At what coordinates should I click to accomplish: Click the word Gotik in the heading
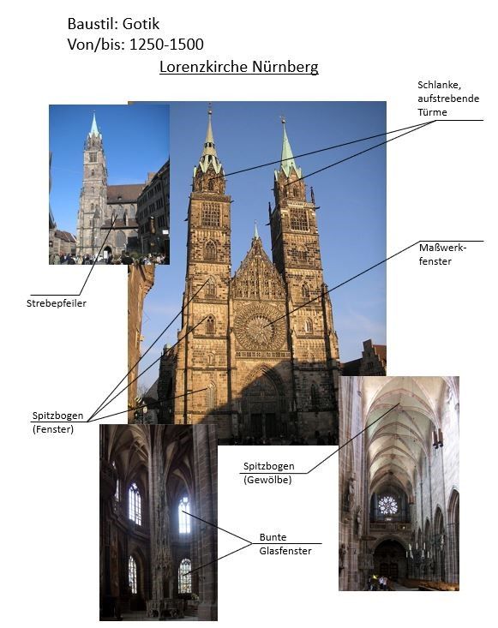tap(141, 24)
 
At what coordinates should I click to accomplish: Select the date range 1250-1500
tap(166, 45)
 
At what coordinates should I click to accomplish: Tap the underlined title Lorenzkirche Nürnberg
tap(239, 67)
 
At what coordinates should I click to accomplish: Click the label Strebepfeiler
tap(57, 303)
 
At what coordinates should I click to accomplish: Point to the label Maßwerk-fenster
tap(442, 254)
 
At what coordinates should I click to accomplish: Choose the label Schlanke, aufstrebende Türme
tap(448, 99)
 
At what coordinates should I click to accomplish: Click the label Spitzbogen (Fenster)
tap(57, 422)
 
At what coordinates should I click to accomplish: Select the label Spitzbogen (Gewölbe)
tap(269, 473)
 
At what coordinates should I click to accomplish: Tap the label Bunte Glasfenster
tap(285, 544)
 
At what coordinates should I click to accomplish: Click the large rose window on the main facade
tap(260, 326)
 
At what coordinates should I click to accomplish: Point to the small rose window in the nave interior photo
tap(387, 505)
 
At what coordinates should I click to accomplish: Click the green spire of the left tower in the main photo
tap(209, 145)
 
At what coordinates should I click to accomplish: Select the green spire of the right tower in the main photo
tap(286, 150)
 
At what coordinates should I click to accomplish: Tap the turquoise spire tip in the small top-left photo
tap(94, 125)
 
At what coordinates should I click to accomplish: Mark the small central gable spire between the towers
tap(256, 231)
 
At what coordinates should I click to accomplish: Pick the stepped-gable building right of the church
tap(373, 357)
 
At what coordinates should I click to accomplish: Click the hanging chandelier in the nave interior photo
tap(437, 439)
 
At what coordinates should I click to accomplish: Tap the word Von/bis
tap(96, 45)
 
